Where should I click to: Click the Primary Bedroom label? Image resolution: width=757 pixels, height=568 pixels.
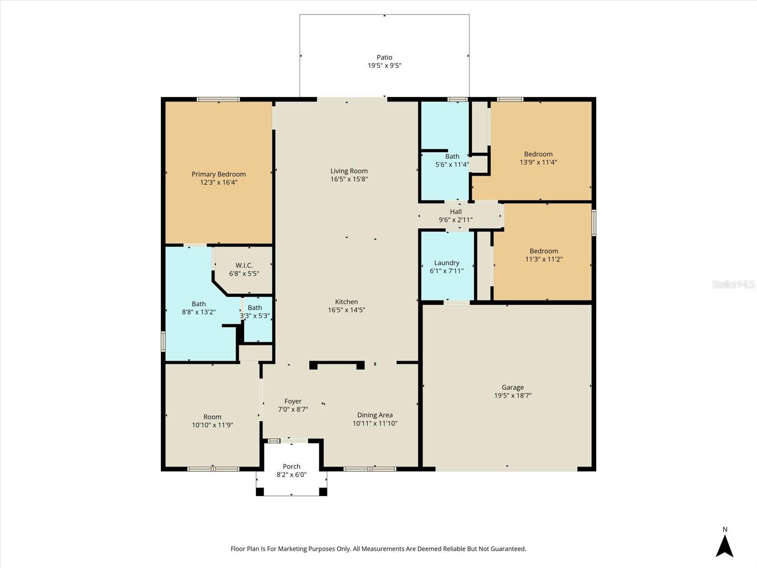coord(219,174)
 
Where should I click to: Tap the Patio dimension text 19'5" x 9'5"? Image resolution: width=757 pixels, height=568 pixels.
coord(384,66)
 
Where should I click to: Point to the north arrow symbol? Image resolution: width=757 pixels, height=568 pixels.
coord(724,545)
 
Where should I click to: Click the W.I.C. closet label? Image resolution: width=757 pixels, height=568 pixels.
coord(244,266)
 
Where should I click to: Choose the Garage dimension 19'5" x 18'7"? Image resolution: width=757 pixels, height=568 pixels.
coord(513,396)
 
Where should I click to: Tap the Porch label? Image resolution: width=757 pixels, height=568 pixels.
coord(291,466)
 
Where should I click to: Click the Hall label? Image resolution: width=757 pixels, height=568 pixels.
coord(456,212)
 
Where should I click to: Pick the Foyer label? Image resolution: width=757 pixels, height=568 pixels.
coord(293,401)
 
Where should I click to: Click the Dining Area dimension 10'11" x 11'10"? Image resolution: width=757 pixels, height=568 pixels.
coord(375,424)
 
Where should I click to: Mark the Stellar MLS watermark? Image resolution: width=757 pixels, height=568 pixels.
coord(733,284)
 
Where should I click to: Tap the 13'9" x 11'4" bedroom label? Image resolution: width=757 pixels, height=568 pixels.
coord(538,154)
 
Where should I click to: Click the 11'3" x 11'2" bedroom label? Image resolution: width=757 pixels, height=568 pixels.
coord(544,251)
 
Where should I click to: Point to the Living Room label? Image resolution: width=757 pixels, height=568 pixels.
coord(349,171)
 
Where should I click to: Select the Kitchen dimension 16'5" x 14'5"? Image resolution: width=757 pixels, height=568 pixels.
coord(346,310)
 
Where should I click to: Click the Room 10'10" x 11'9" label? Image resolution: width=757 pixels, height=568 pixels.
coord(212,417)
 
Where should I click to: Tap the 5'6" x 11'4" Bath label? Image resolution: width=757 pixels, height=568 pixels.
coord(452,156)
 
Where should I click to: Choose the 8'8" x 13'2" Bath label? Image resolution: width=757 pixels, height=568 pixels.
coord(199,304)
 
